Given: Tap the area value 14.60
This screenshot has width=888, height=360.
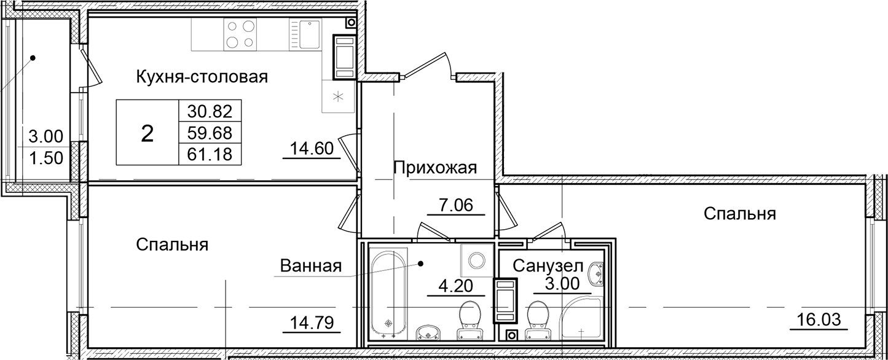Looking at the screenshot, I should tap(311, 148).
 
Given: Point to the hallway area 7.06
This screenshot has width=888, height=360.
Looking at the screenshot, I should tap(455, 205).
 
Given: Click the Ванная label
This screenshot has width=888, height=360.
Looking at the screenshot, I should tap(310, 266).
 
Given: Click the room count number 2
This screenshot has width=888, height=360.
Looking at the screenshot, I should tap(147, 133).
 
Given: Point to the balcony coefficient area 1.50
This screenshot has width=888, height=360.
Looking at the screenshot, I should tap(45, 157).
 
